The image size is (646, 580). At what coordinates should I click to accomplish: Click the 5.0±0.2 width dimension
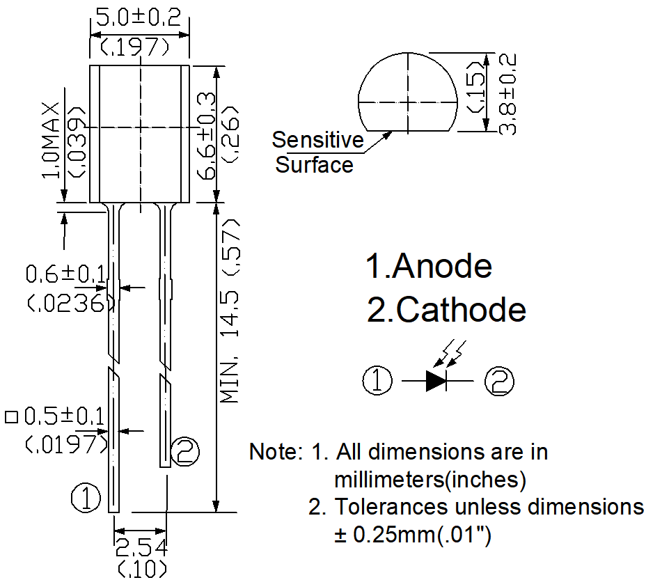(139, 16)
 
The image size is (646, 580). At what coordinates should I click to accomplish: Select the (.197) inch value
(136, 47)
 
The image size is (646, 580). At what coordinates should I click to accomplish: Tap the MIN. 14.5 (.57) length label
(230, 311)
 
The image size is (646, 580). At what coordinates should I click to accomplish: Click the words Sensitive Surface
(317, 152)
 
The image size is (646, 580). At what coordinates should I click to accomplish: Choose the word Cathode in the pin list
(460, 310)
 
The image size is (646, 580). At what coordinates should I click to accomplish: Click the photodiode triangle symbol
(436, 380)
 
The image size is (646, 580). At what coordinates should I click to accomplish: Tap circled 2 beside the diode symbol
(500, 382)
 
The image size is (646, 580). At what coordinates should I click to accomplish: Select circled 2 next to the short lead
(184, 452)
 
